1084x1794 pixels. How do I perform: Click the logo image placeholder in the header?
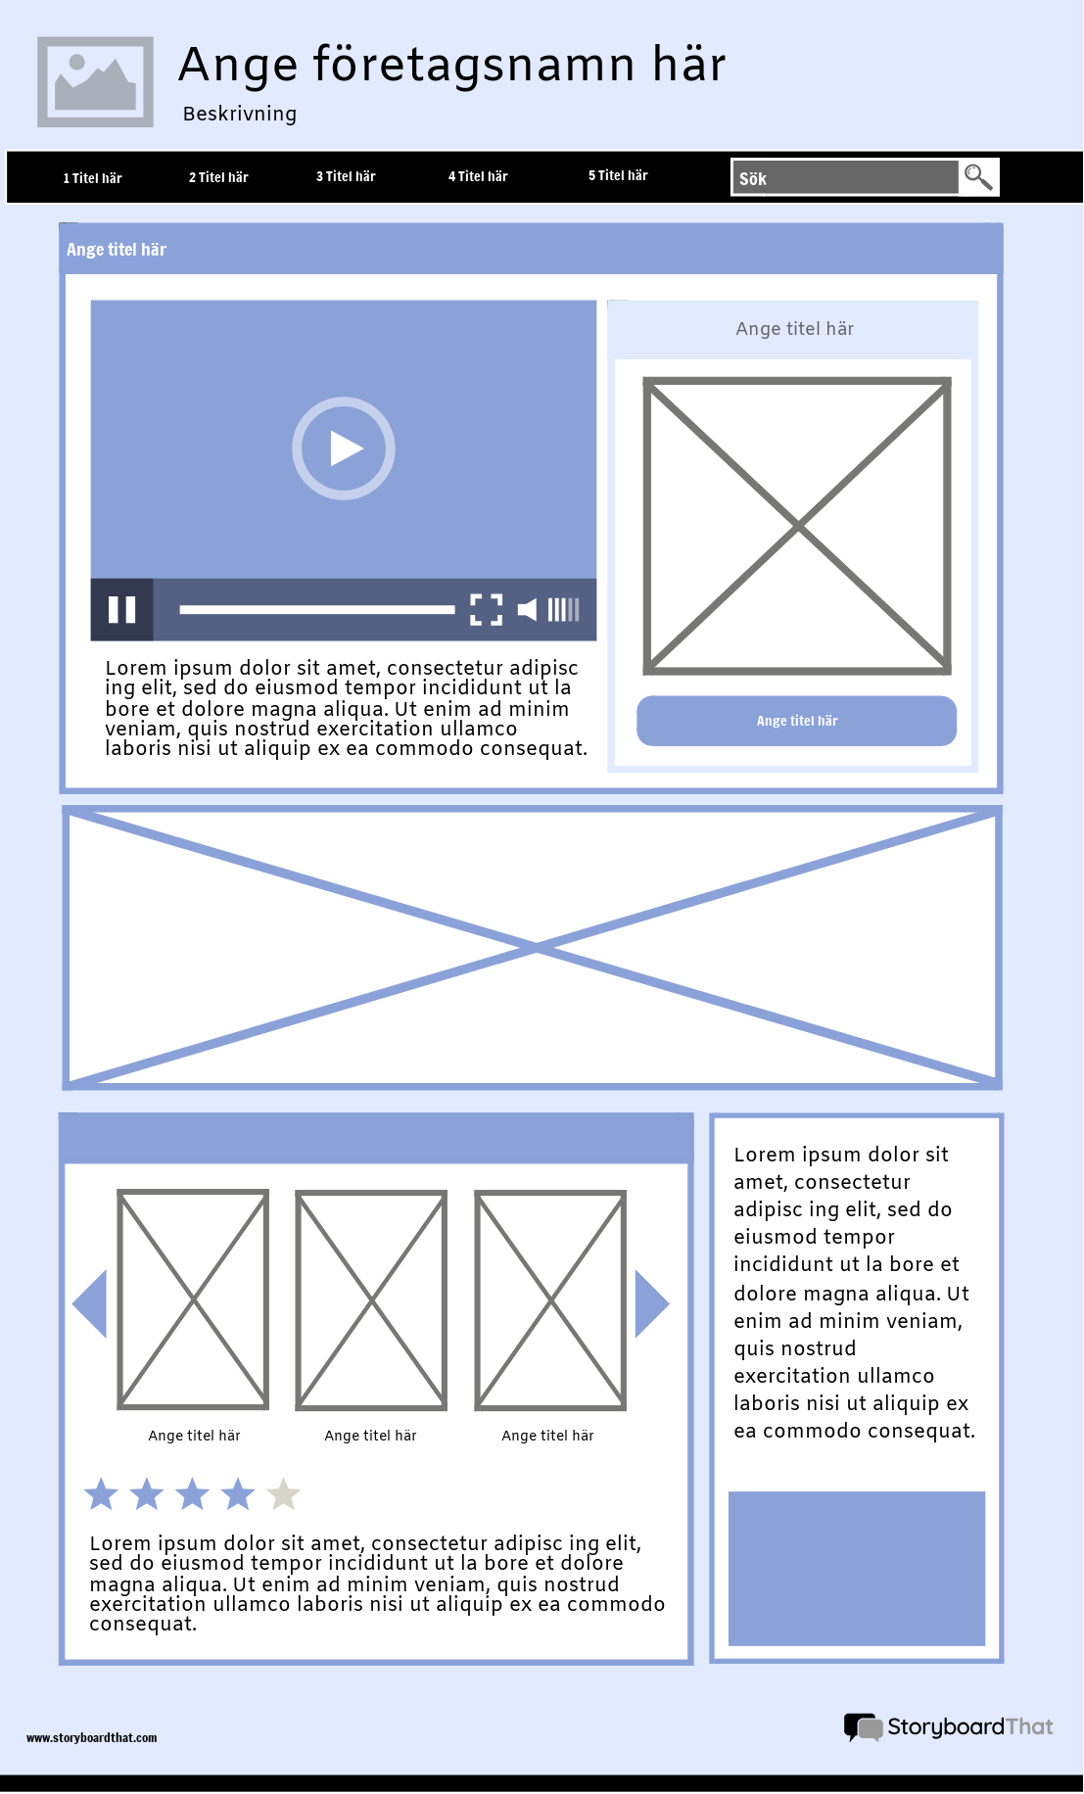(95, 82)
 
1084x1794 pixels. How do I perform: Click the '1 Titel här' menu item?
(92, 178)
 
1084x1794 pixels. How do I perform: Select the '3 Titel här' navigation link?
(346, 176)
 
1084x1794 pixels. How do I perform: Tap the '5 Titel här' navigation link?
(618, 175)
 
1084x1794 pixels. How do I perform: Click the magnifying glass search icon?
(978, 177)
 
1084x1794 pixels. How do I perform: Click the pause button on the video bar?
(121, 609)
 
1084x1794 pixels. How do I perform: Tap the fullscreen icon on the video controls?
(486, 609)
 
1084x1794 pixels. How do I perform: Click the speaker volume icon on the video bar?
(527, 609)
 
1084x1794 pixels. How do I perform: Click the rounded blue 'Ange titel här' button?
(796, 721)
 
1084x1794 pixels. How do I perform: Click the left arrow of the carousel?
(91, 1303)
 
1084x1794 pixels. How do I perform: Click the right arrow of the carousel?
(651, 1303)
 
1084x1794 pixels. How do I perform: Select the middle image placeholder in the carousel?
(371, 1299)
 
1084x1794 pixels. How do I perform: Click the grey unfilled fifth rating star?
(283, 1494)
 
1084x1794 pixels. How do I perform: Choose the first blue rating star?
(101, 1494)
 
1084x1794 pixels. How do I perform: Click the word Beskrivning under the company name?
(239, 114)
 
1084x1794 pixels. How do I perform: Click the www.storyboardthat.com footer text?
(91, 1737)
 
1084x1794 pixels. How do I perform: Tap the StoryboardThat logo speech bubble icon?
(863, 1726)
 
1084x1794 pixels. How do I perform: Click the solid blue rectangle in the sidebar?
(856, 1568)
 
